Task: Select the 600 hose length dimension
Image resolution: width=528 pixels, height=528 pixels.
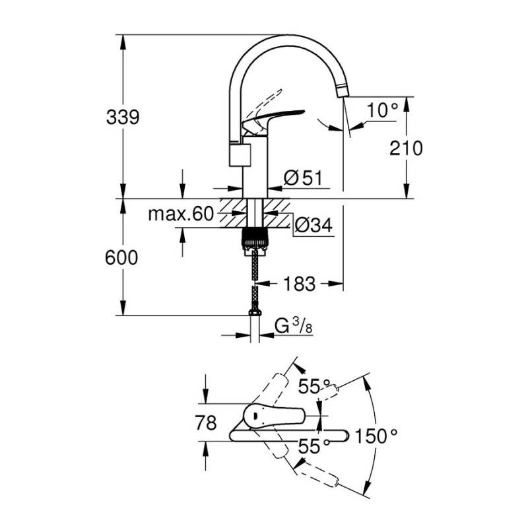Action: (x=122, y=258)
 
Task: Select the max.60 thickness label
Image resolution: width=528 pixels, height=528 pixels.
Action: (x=181, y=213)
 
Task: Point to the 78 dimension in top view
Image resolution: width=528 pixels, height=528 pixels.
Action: (x=207, y=422)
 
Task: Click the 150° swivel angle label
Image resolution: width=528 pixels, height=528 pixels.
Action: (x=376, y=436)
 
